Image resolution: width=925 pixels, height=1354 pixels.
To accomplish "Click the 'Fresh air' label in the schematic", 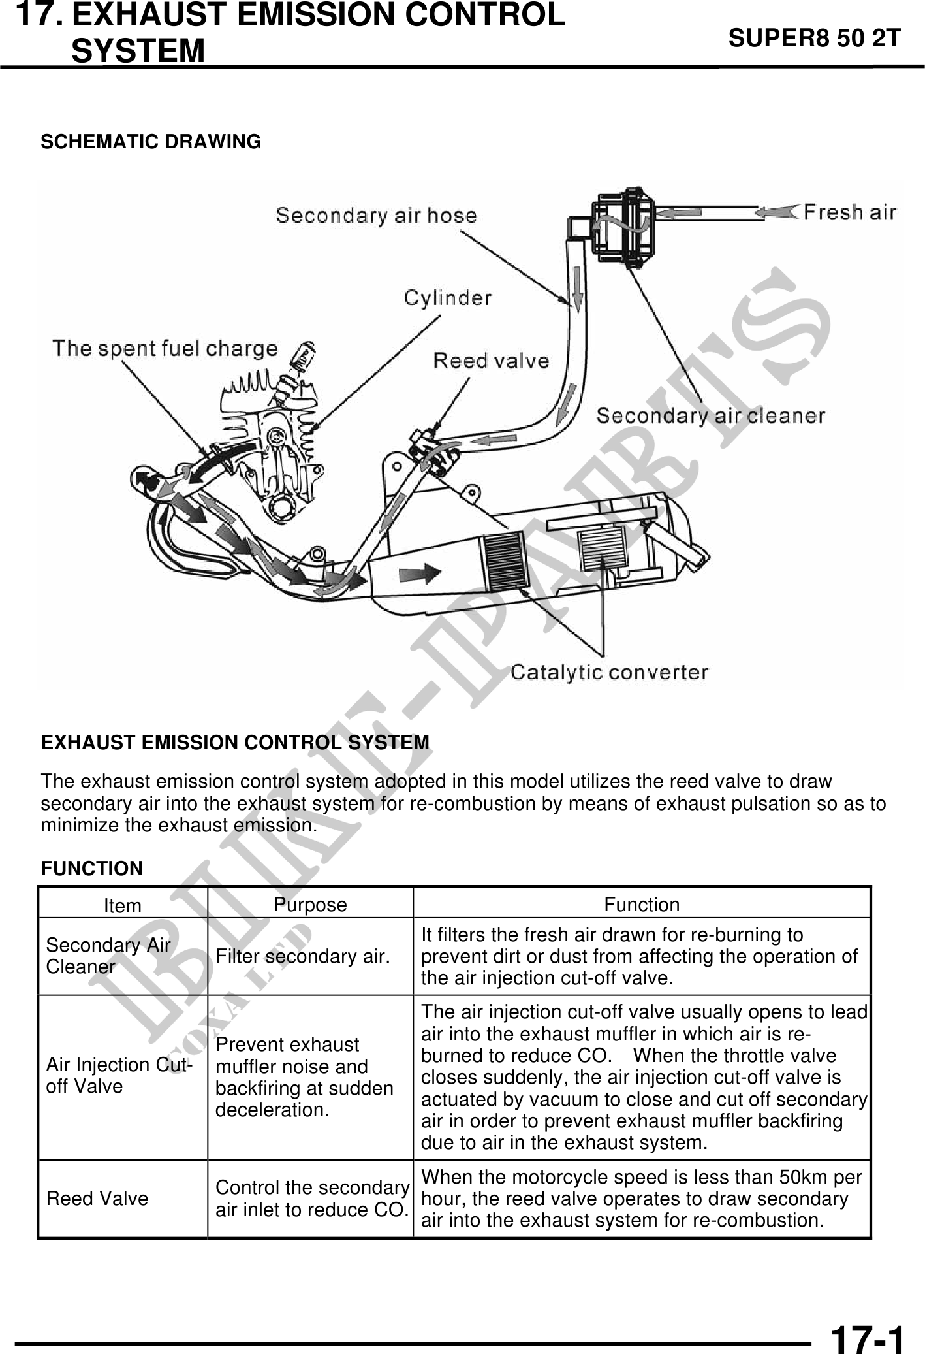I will (x=849, y=212).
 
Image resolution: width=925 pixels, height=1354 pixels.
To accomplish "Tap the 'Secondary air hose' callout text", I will (x=376, y=216).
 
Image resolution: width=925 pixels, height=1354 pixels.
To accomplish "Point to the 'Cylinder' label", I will (x=447, y=298).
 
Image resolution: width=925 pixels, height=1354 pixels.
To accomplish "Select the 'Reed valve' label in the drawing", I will (x=491, y=361).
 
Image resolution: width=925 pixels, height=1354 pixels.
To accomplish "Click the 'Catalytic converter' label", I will (x=609, y=672).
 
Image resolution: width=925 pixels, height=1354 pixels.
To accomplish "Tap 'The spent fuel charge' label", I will (x=165, y=348).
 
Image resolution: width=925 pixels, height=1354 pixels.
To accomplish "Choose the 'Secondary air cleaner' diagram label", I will (x=711, y=415).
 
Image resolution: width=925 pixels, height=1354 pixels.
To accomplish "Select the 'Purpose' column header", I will (x=310, y=905).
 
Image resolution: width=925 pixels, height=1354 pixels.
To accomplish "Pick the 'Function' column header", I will (x=642, y=905).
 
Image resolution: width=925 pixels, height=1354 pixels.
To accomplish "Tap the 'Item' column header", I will (x=123, y=906).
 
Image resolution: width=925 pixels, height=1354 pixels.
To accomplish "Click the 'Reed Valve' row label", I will (x=97, y=1199).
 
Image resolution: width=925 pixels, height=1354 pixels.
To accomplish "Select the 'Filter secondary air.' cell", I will (x=303, y=956).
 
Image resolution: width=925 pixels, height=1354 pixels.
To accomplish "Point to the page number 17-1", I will (x=868, y=1323).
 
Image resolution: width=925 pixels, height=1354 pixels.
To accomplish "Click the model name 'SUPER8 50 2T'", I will (x=814, y=39).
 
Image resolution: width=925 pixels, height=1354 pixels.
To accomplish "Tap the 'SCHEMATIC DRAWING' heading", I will (x=151, y=142).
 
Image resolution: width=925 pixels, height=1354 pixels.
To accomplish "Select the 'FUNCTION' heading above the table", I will (x=92, y=869).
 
